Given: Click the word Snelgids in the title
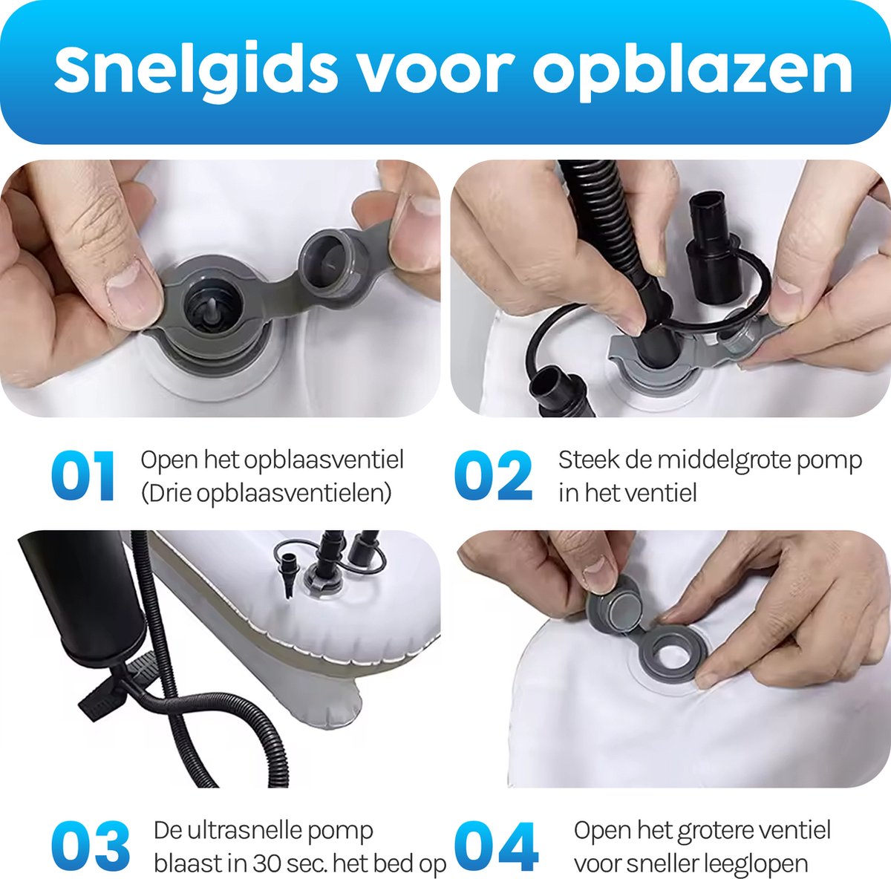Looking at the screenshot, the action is (x=195, y=73).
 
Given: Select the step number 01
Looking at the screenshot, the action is (x=83, y=476).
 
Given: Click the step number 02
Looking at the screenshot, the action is (x=493, y=476).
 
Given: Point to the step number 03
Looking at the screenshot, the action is (x=90, y=846).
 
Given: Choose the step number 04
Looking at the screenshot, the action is (x=496, y=846).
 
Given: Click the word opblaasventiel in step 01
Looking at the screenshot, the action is (x=324, y=460).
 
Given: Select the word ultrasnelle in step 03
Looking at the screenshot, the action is (x=244, y=831).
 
